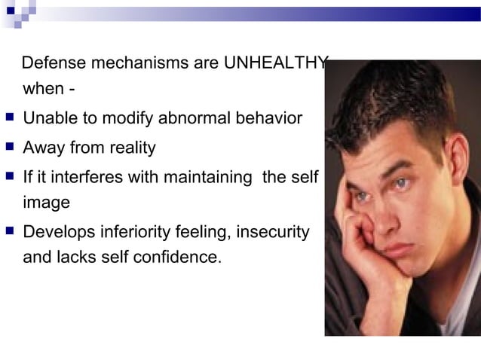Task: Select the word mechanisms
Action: point(136,63)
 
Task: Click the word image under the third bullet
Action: point(47,203)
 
